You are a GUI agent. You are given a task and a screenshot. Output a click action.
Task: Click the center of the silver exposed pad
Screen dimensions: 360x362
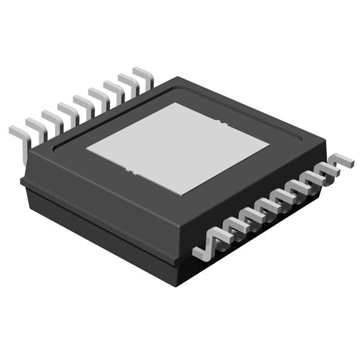click(177, 148)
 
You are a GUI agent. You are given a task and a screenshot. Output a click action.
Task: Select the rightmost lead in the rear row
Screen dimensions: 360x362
click(144, 75)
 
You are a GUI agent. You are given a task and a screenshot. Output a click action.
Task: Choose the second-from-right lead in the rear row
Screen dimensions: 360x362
click(129, 82)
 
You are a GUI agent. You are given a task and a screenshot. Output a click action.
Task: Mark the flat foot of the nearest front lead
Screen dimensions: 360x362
click(200, 253)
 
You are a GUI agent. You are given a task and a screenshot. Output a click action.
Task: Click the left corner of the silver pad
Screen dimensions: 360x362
click(86, 147)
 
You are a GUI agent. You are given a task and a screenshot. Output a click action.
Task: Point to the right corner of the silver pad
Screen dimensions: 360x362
click(269, 145)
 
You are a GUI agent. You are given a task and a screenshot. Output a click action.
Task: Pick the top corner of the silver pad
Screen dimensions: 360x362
click(175, 103)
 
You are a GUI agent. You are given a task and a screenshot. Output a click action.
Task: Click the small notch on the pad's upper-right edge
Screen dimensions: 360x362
click(222, 123)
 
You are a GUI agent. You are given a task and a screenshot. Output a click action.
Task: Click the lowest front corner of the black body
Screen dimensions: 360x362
click(176, 283)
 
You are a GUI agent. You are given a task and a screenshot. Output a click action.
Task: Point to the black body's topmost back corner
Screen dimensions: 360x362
click(176, 77)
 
